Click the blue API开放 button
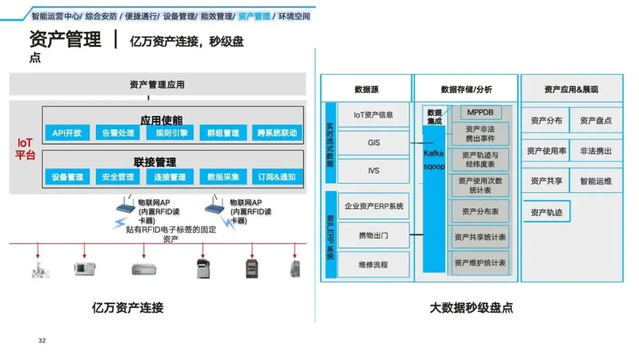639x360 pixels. click(67, 133)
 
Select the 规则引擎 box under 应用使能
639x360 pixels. click(167, 133)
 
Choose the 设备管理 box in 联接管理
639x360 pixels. click(67, 176)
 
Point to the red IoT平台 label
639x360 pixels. click(25, 149)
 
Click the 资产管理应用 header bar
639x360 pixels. click(157, 85)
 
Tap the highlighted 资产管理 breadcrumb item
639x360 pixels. click(254, 16)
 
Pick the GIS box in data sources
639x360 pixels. click(373, 143)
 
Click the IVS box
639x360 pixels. click(373, 171)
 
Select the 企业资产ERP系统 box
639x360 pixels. click(373, 206)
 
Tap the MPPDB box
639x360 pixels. click(480, 112)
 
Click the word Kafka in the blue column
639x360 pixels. click(434, 153)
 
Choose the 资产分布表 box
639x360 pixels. click(480, 211)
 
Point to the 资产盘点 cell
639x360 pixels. click(596, 121)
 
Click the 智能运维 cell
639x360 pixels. click(596, 181)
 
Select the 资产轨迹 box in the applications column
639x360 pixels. click(546, 212)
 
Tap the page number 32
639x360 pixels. click(42, 340)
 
